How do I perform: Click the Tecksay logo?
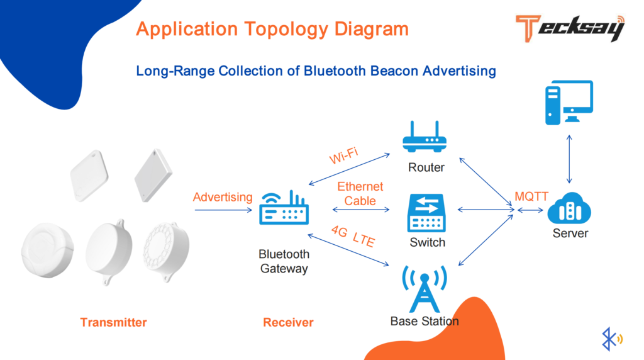pyautogui.click(x=569, y=28)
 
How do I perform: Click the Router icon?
pyautogui.click(x=425, y=138)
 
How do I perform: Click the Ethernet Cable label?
pyautogui.click(x=360, y=194)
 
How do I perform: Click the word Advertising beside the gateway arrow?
pyautogui.click(x=223, y=197)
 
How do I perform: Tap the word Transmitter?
pyautogui.click(x=113, y=322)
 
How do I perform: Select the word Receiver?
pyautogui.click(x=288, y=322)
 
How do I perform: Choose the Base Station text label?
pyautogui.click(x=425, y=321)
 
